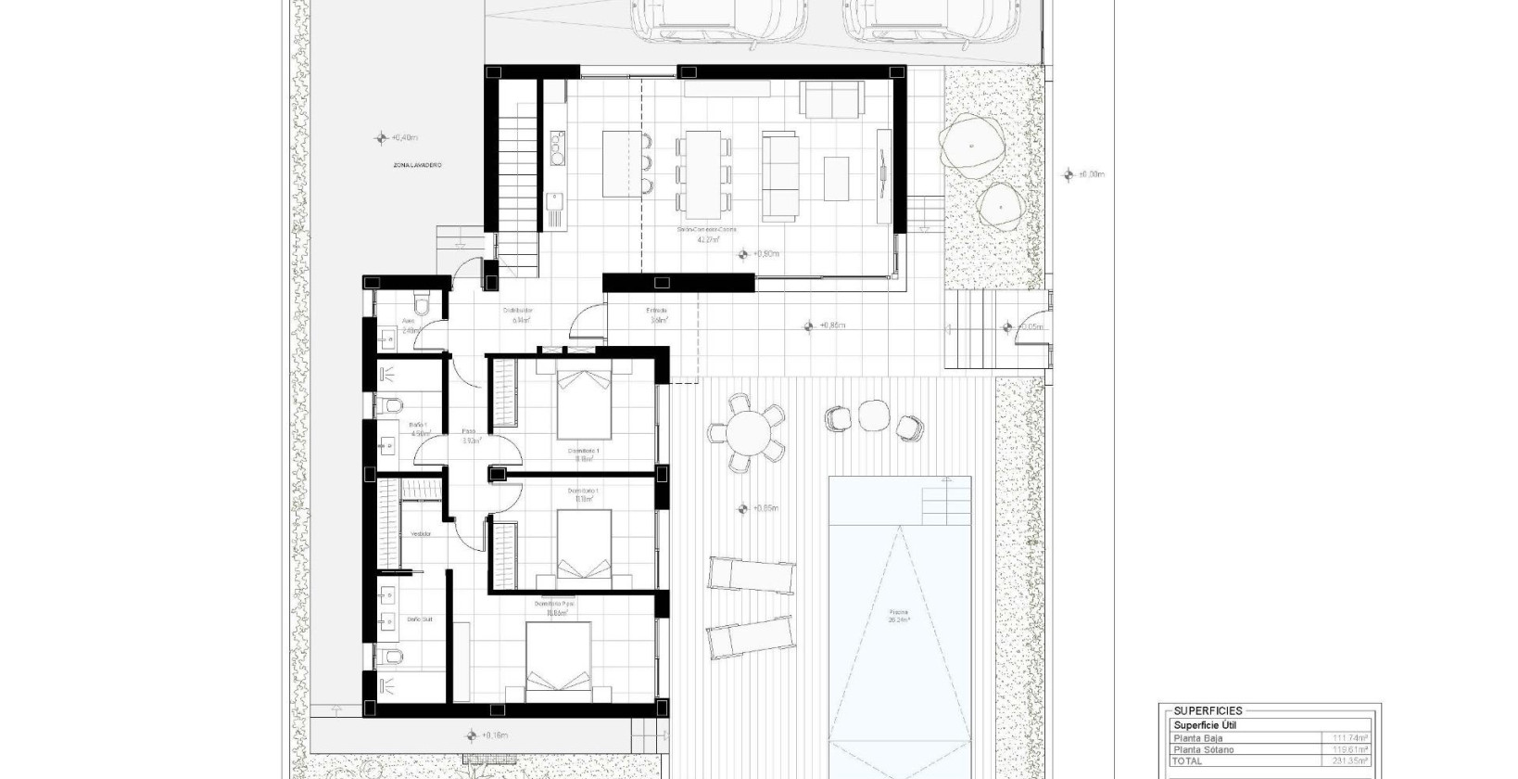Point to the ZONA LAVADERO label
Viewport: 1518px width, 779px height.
(416, 165)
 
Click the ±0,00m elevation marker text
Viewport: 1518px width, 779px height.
(1094, 174)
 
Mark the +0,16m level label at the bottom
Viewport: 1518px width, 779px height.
(495, 736)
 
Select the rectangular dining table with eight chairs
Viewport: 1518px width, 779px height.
(704, 173)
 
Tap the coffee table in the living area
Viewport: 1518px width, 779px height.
(836, 178)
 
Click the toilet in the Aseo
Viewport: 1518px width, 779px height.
(423, 304)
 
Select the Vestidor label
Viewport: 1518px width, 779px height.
(421, 534)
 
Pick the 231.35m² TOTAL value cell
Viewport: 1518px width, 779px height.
(1351, 761)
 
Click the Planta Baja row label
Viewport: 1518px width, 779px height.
(1197, 739)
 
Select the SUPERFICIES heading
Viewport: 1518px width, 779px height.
(1208, 710)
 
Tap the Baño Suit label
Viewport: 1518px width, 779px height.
(420, 619)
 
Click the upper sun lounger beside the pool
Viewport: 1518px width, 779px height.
(752, 574)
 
